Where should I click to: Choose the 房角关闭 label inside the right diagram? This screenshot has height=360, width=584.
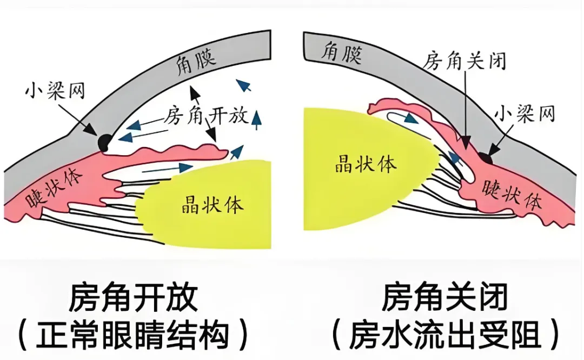click(465, 60)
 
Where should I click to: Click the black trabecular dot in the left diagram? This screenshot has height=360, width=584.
click(103, 143)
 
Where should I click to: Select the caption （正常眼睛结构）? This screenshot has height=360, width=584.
click(133, 335)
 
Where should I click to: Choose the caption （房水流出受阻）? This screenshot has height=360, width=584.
click(445, 335)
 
